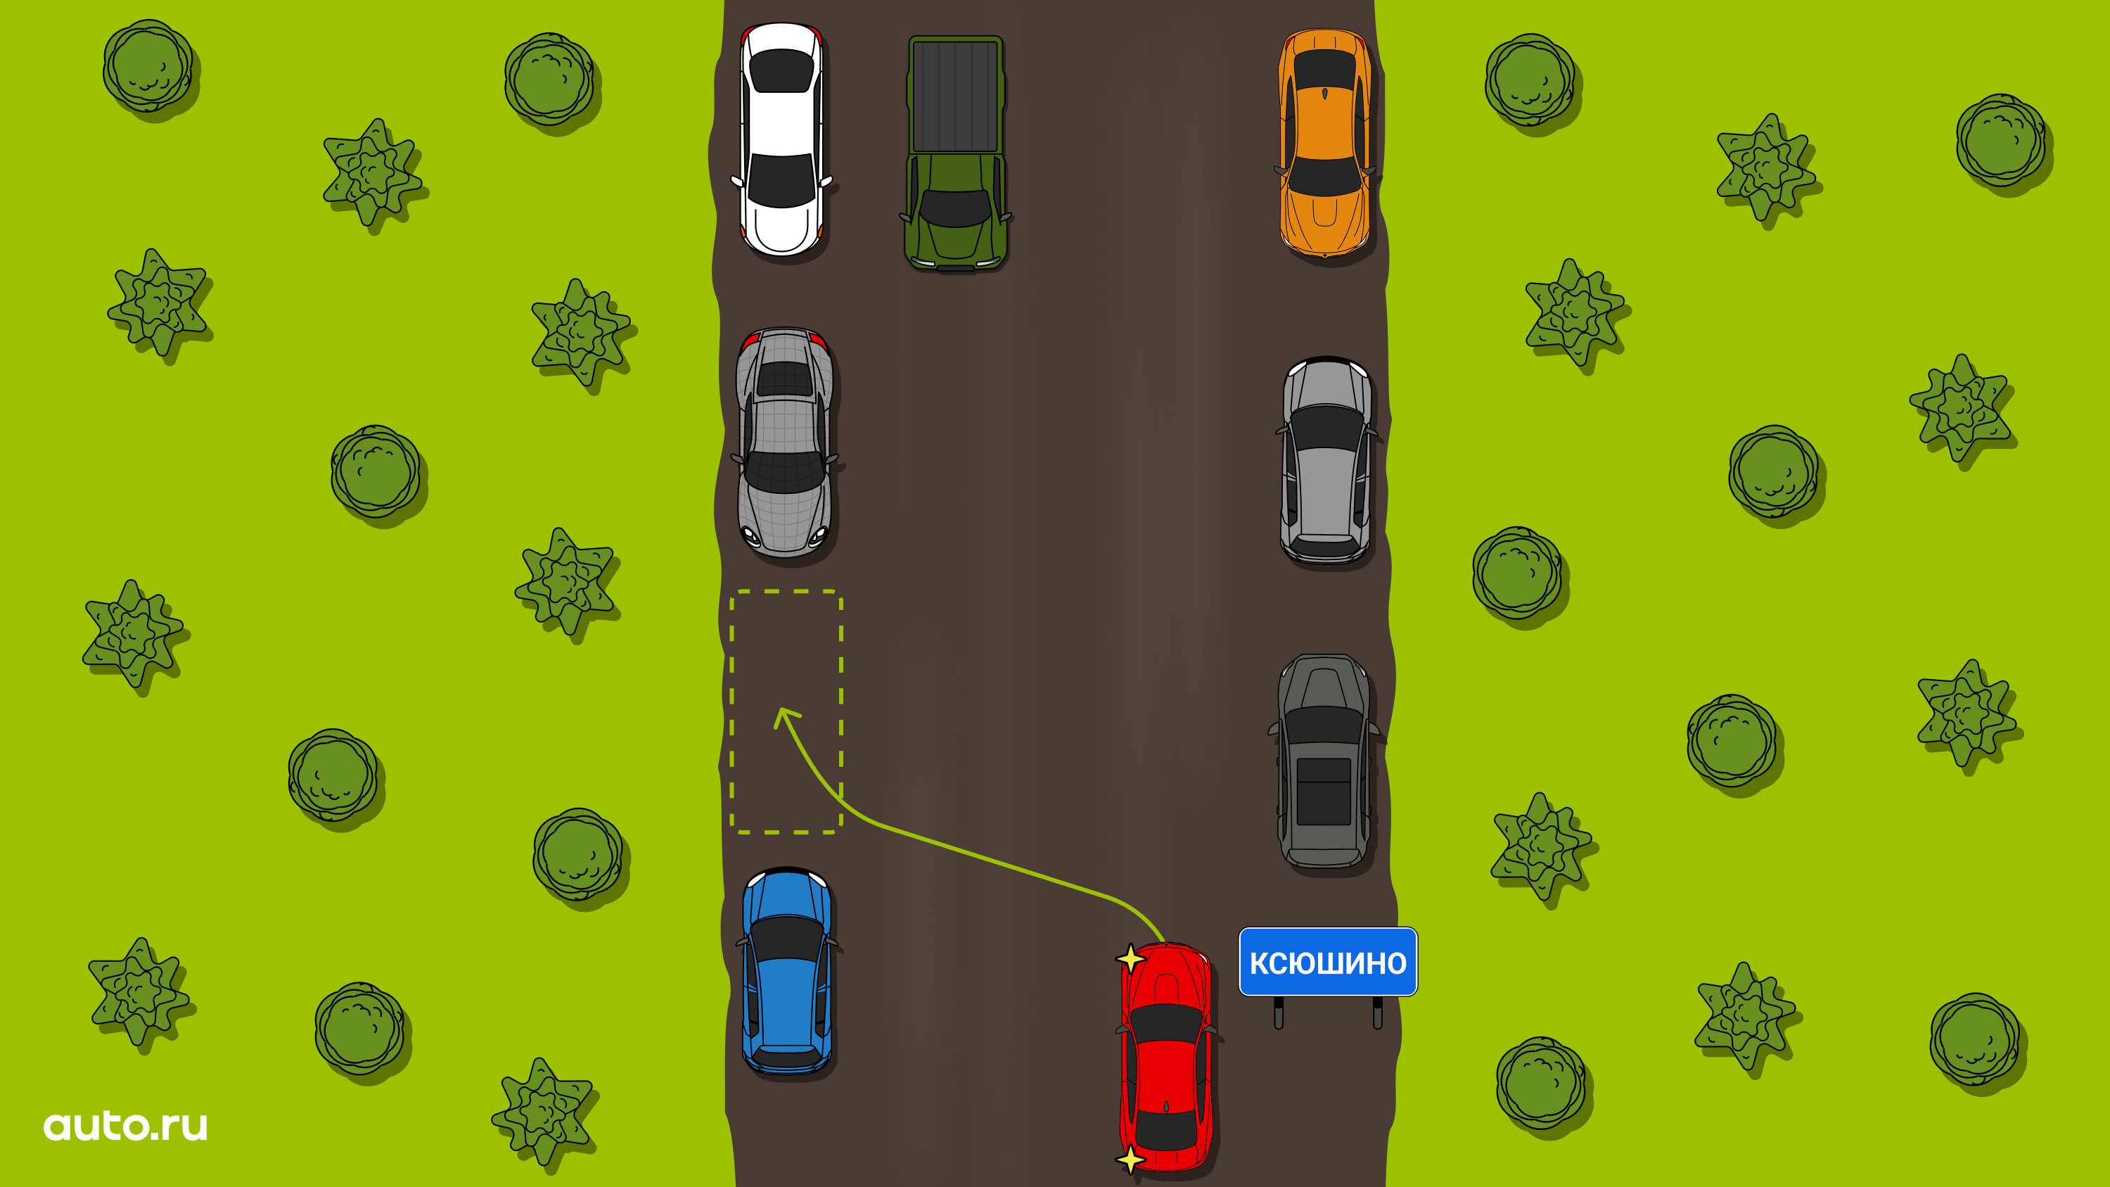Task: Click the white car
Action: pyautogui.click(x=781, y=139)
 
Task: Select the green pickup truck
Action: pyautogui.click(x=955, y=153)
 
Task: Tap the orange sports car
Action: pyautogui.click(x=1324, y=143)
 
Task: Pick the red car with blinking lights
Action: pyautogui.click(x=1165, y=1057)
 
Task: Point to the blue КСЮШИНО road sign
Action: pyautogui.click(x=1328, y=962)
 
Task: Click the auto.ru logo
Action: pyautogui.click(x=125, y=1126)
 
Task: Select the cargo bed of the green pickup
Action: pyautogui.click(x=955, y=96)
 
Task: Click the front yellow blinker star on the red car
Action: pyautogui.click(x=1130, y=958)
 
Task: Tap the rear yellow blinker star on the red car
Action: pyautogui.click(x=1130, y=1159)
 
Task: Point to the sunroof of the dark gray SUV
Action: pyautogui.click(x=1324, y=792)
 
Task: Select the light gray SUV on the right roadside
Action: pyautogui.click(x=1326, y=460)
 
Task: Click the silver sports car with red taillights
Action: pyautogui.click(x=785, y=443)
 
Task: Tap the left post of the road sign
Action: pyautogui.click(x=1279, y=1013)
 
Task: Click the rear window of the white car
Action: pyautogui.click(x=781, y=70)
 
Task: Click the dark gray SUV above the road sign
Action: pyautogui.click(x=1324, y=761)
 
